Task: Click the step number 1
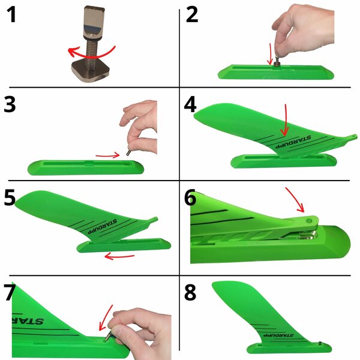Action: tap(11, 14)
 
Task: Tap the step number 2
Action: tap(192, 14)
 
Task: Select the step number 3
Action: tap(10, 104)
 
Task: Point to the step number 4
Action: tap(190, 104)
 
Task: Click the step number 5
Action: tap(10, 197)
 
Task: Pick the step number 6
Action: tap(190, 197)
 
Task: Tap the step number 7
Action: tap(10, 292)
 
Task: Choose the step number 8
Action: tap(190, 292)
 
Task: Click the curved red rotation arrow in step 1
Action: tap(92, 56)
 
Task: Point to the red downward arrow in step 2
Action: tap(270, 55)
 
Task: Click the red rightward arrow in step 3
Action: tap(108, 156)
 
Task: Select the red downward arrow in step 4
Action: tap(285, 120)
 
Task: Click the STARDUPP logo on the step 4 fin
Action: tap(293, 142)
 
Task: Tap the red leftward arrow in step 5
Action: tap(119, 256)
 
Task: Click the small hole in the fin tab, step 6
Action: tap(309, 221)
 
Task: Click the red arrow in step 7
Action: tap(105, 318)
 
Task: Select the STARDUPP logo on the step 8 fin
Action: tap(278, 335)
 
